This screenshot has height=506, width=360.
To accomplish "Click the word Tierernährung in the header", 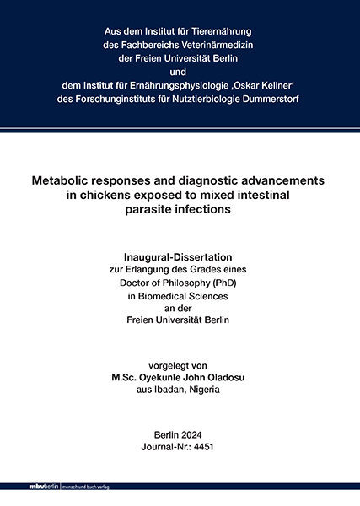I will click(225, 30).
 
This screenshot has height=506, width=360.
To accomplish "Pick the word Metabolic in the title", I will click(65, 180).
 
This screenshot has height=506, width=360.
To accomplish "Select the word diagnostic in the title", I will click(214, 180).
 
